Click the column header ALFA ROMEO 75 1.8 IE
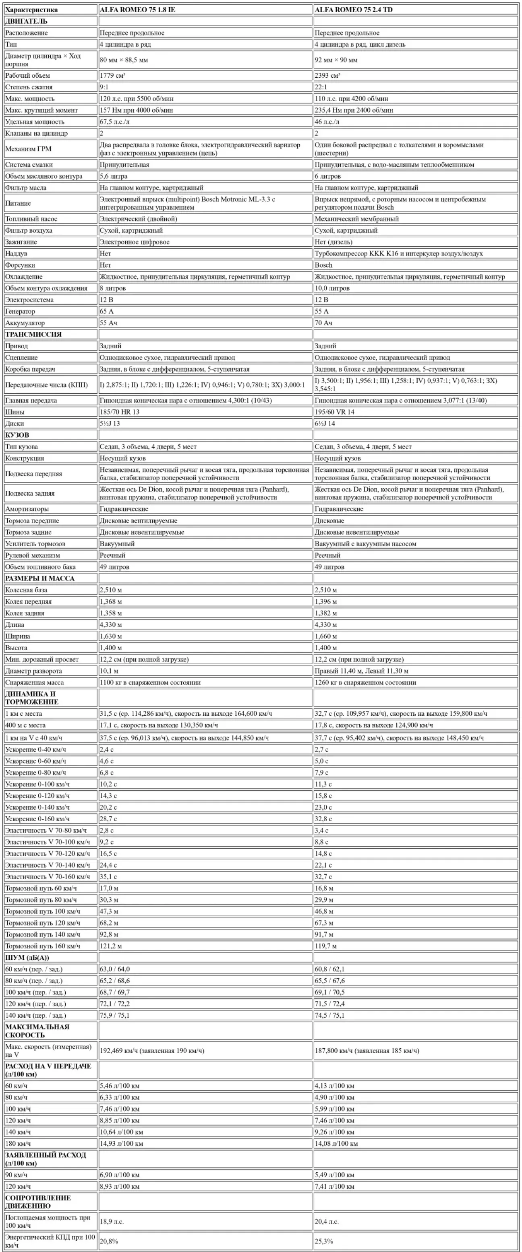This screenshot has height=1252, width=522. click(x=137, y=10)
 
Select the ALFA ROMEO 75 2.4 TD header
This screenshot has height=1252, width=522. click(x=353, y=10)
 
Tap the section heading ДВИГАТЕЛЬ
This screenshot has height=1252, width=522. click(x=26, y=21)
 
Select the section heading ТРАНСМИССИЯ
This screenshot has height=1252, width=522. click(x=33, y=335)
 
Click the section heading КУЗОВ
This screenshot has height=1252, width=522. click(x=17, y=435)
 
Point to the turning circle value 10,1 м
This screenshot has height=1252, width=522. click(x=109, y=671)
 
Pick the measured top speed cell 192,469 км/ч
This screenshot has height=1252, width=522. click(x=152, y=1051)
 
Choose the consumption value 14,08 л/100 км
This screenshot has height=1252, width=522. click(x=336, y=1144)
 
